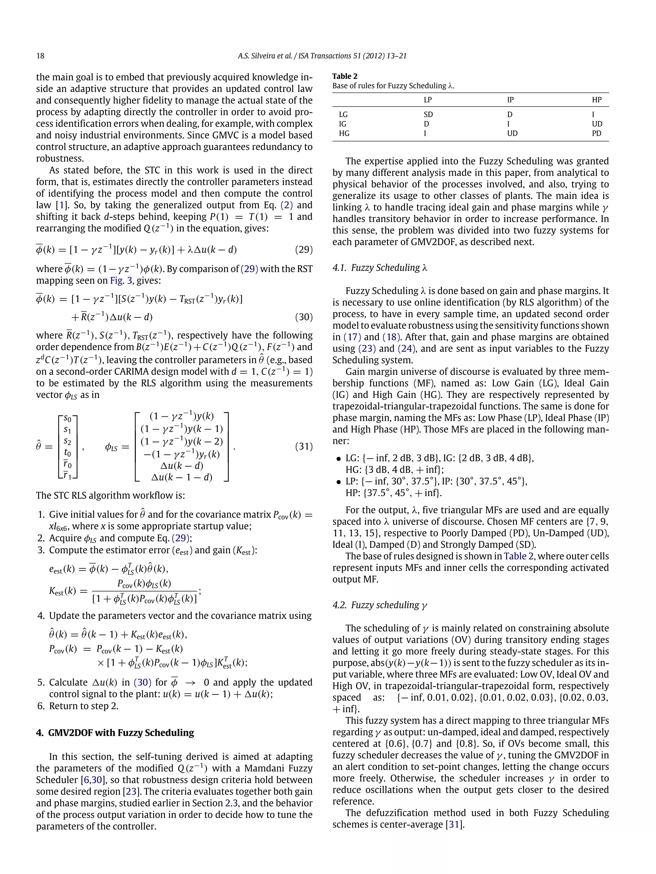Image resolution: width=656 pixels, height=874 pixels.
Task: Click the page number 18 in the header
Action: pos(40,56)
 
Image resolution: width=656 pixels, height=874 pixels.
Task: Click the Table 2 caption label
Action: pos(344,76)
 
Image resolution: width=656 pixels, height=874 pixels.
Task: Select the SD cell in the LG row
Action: pos(428,115)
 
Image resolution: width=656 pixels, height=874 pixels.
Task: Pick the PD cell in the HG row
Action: pos(596,133)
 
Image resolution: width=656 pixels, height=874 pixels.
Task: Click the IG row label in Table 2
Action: pos(342,124)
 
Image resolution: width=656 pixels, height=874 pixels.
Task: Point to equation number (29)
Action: pos(304,250)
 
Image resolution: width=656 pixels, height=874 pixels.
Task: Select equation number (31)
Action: pos(304,446)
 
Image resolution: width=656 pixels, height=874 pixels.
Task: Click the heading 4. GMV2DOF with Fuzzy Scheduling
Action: pos(115,733)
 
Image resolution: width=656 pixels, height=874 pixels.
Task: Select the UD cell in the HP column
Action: pos(597,124)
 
